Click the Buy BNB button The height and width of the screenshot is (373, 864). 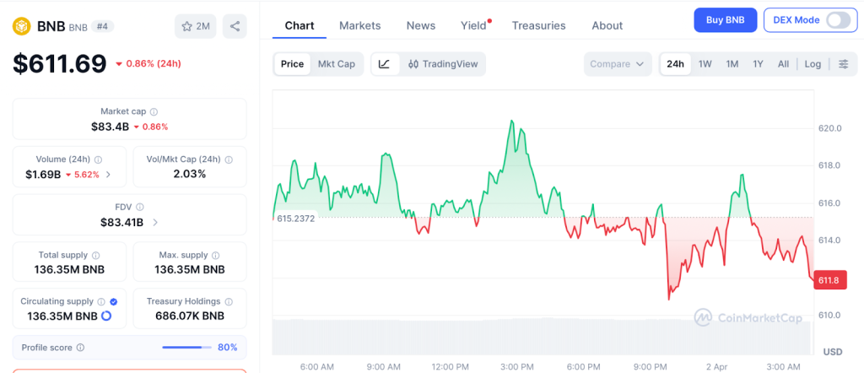pyautogui.click(x=725, y=20)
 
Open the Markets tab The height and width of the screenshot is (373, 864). pyautogui.click(x=359, y=25)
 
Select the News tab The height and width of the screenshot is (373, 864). pyautogui.click(x=420, y=25)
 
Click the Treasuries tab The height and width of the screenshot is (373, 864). pyautogui.click(x=538, y=25)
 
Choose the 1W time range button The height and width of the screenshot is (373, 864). pyautogui.click(x=705, y=64)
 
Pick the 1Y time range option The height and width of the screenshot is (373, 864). pyautogui.click(x=758, y=64)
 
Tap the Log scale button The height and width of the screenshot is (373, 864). pyautogui.click(x=813, y=64)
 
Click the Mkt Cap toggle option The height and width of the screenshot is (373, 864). pyautogui.click(x=336, y=64)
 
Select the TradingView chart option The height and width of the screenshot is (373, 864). pyautogui.click(x=444, y=64)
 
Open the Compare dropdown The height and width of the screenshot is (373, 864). pyautogui.click(x=617, y=64)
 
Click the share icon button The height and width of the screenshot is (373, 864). pyautogui.click(x=235, y=26)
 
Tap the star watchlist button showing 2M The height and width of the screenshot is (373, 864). pyautogui.click(x=195, y=26)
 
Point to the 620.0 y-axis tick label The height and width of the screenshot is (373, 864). pyautogui.click(x=830, y=128)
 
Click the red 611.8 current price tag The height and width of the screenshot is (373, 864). pyautogui.click(x=828, y=280)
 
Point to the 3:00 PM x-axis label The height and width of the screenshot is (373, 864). pyautogui.click(x=516, y=366)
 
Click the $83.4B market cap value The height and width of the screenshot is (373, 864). pyautogui.click(x=110, y=127)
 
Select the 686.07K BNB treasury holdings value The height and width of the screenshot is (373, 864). pyautogui.click(x=185, y=316)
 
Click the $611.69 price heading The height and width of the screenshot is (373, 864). pyautogui.click(x=59, y=63)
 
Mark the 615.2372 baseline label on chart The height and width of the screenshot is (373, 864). pyautogui.click(x=296, y=218)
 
